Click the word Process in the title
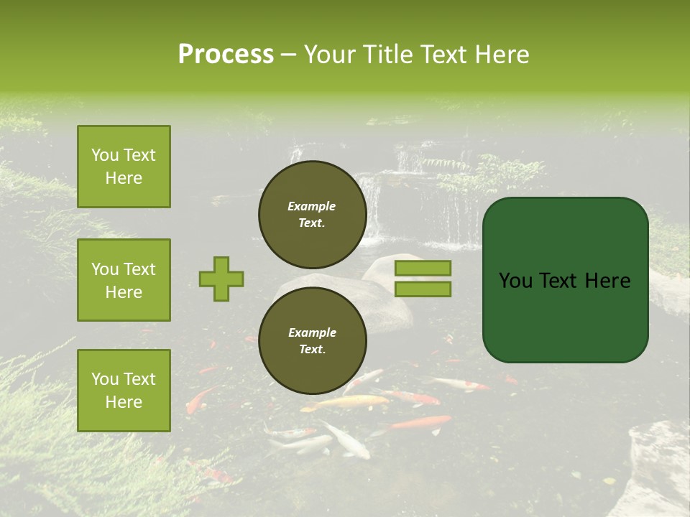(x=226, y=55)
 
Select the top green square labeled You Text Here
(x=124, y=167)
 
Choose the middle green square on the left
(x=124, y=280)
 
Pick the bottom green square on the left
(x=124, y=390)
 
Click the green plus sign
(x=221, y=279)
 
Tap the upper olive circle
(x=312, y=215)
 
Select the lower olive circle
(x=312, y=340)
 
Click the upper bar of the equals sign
(x=423, y=268)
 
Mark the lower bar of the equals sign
(x=423, y=289)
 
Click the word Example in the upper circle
(x=311, y=206)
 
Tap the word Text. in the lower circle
(x=311, y=349)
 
